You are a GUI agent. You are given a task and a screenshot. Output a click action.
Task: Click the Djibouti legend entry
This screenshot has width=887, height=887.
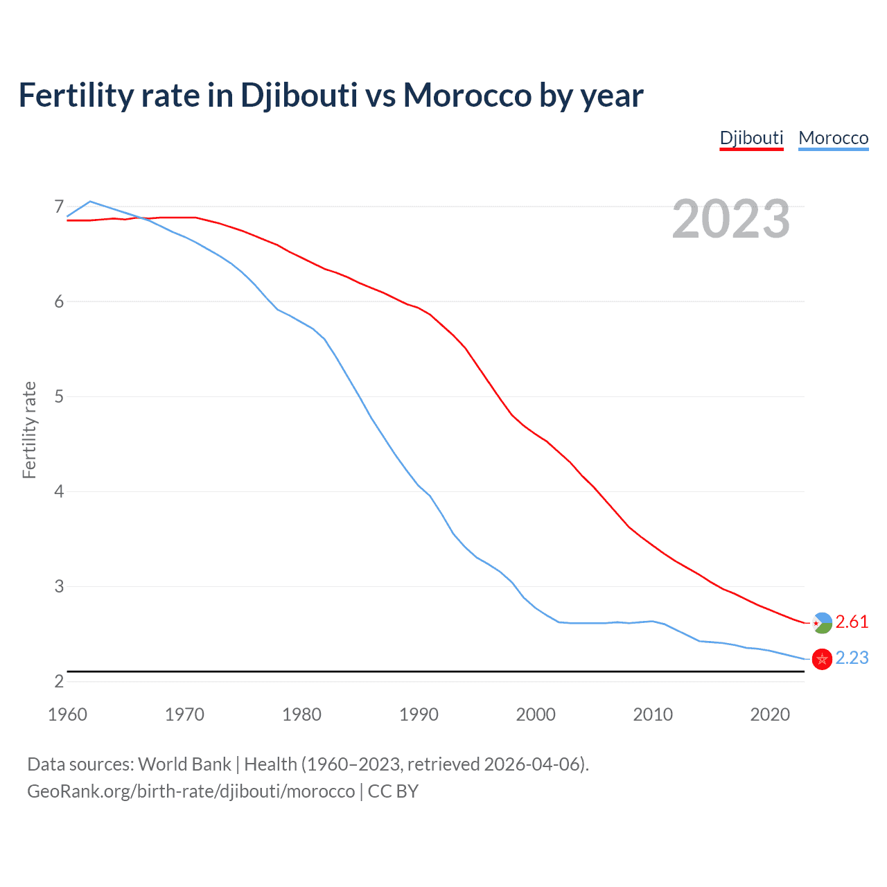click(751, 138)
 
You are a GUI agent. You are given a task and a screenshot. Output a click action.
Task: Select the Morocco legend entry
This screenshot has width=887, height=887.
click(833, 138)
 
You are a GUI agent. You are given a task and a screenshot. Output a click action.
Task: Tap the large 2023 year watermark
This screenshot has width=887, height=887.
click(731, 219)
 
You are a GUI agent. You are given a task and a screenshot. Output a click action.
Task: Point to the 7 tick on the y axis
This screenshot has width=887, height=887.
click(59, 207)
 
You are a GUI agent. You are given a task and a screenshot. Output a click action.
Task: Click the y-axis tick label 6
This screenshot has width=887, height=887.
click(59, 301)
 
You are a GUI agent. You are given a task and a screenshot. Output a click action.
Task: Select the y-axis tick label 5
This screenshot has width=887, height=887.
click(59, 396)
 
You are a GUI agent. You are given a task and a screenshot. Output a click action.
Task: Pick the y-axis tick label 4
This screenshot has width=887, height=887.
click(59, 491)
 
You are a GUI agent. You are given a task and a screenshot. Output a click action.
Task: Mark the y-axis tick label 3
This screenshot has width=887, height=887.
click(59, 586)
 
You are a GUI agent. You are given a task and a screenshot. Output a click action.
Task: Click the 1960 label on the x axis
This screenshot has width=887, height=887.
click(67, 714)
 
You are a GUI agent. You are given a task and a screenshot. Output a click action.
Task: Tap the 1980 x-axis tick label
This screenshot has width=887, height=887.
click(301, 714)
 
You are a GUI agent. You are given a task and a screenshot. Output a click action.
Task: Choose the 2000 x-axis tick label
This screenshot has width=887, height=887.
click(536, 714)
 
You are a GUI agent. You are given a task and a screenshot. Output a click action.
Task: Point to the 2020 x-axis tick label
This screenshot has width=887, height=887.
click(770, 714)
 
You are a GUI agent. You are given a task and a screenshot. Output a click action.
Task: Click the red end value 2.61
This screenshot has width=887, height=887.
click(852, 622)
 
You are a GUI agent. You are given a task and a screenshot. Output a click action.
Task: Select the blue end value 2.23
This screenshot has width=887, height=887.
click(852, 658)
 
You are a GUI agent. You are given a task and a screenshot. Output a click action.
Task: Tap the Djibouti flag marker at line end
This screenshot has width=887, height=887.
click(822, 623)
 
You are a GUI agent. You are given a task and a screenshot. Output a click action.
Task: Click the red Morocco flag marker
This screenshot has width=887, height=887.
click(822, 659)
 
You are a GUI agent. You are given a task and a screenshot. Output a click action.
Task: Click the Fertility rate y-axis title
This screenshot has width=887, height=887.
click(29, 430)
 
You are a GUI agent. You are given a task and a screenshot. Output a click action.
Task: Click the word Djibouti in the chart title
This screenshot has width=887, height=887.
click(299, 95)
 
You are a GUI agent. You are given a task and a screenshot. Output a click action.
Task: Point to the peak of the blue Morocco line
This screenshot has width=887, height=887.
click(90, 202)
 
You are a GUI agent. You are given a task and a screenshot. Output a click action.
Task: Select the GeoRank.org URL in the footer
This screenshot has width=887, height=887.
click(191, 791)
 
